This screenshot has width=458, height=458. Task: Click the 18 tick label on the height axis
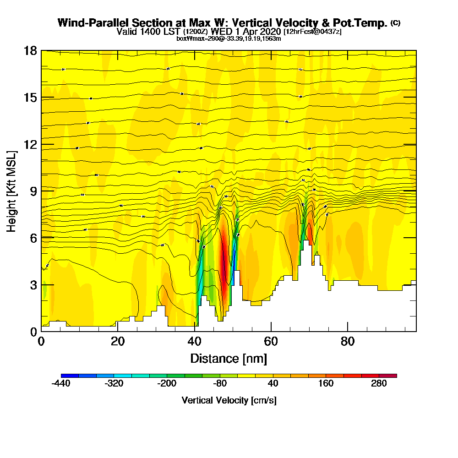[x=31, y=50]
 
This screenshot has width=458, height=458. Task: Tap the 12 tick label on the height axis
[x=31, y=144]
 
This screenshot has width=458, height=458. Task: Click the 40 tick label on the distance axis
[x=195, y=342]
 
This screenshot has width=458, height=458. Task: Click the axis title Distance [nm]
[x=229, y=358]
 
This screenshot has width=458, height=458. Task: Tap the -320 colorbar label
[x=114, y=384]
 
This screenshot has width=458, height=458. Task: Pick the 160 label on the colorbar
[x=326, y=384]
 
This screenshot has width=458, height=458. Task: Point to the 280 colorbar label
[x=379, y=384]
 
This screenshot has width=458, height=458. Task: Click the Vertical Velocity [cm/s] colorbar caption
[x=229, y=400]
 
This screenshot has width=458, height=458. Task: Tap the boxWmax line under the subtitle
[x=229, y=38]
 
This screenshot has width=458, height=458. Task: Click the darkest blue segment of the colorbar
[x=70, y=376]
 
